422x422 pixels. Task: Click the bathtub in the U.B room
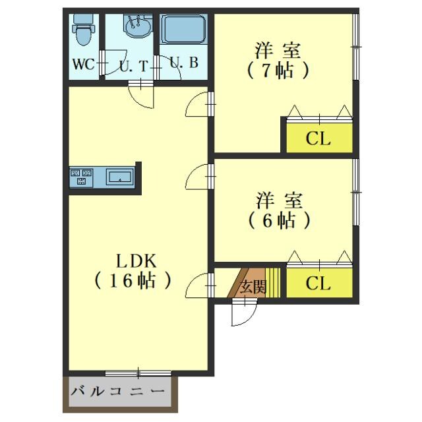click(x=183, y=30)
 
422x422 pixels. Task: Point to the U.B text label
click(x=183, y=63)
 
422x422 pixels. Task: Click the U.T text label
click(x=133, y=66)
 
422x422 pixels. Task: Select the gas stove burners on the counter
click(x=82, y=177)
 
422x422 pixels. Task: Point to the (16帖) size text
click(x=132, y=281)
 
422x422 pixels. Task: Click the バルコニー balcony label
click(x=117, y=393)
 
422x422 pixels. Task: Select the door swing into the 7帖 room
click(x=197, y=105)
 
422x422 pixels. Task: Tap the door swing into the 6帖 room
click(x=197, y=177)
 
